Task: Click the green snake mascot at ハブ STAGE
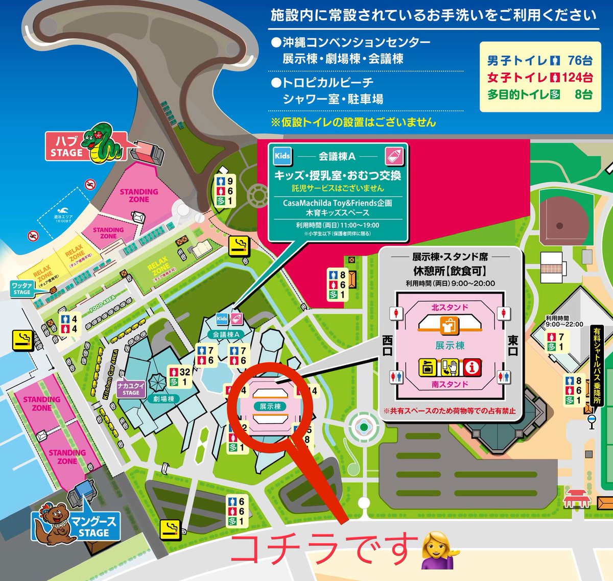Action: [x=105, y=143]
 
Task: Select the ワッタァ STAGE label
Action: [x=21, y=288]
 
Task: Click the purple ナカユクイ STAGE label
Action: [x=131, y=389]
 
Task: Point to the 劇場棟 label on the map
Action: [x=163, y=399]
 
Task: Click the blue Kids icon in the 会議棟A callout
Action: [x=282, y=156]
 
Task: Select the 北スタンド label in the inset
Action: [x=450, y=307]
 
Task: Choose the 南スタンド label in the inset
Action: [x=450, y=384]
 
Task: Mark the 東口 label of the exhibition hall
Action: [x=513, y=346]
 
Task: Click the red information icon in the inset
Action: [x=473, y=367]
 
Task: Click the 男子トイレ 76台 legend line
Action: [x=539, y=61]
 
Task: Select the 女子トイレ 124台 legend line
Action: [x=539, y=78]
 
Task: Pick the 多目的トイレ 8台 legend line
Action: [x=539, y=94]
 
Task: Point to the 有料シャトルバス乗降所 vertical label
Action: [x=597, y=365]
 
